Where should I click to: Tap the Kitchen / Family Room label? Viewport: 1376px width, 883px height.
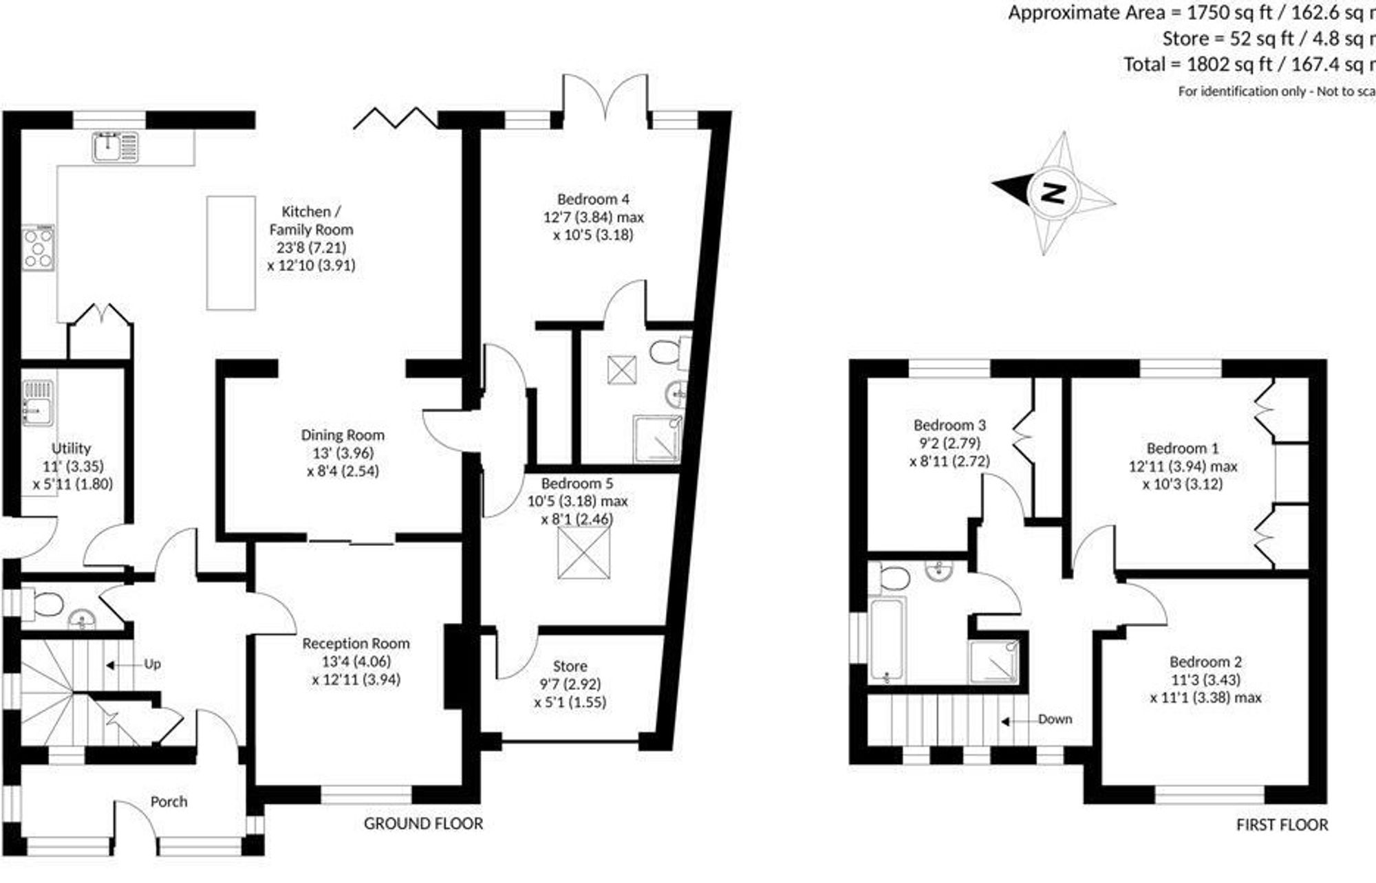pyautogui.click(x=311, y=220)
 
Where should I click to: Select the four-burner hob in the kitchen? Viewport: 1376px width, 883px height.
pyautogui.click(x=38, y=248)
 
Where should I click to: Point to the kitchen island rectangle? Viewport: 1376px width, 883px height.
pyautogui.click(x=231, y=252)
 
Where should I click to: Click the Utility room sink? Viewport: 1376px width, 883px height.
pyautogui.click(x=37, y=402)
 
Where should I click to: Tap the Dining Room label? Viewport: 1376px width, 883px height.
pyautogui.click(x=343, y=435)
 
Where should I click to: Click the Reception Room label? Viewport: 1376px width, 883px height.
pyautogui.click(x=356, y=644)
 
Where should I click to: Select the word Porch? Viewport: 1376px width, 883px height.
pyautogui.click(x=169, y=802)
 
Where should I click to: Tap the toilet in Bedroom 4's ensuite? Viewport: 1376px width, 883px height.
pyautogui.click(x=665, y=352)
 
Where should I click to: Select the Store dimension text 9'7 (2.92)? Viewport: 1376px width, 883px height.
pyautogui.click(x=570, y=684)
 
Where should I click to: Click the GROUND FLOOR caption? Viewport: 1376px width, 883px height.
pyautogui.click(x=423, y=824)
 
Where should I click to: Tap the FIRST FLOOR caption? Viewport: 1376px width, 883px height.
pyautogui.click(x=1282, y=825)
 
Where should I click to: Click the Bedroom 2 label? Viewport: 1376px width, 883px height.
pyautogui.click(x=1205, y=662)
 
